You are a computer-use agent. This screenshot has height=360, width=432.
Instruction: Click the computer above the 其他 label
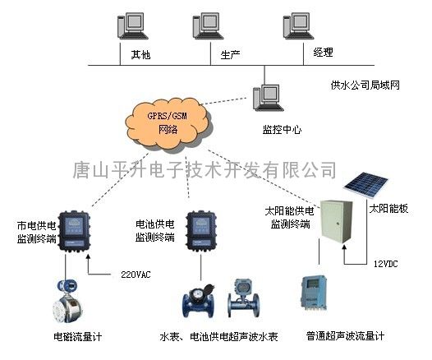(133, 26)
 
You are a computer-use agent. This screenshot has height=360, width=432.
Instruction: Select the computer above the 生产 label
(208, 26)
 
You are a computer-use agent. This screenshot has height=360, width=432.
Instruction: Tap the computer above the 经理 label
(298, 26)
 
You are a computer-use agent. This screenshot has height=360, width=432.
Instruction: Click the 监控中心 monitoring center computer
(269, 98)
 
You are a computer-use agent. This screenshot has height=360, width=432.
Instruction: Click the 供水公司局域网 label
(365, 85)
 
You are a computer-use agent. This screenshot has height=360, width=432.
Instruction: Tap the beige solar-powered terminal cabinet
(336, 222)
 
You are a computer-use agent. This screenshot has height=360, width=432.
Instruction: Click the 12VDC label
(386, 264)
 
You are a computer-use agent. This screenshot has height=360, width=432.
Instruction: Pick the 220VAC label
(136, 275)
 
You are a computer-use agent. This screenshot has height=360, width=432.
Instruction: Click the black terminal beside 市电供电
(74, 232)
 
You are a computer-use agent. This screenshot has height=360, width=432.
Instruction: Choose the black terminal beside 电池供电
(201, 232)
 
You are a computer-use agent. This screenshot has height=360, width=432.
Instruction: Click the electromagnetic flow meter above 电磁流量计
(67, 301)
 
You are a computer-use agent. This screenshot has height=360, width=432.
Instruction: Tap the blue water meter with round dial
(199, 302)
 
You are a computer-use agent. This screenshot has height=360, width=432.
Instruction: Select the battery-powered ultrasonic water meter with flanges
(244, 298)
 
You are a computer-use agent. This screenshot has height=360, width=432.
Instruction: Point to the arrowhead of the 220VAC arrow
(88, 256)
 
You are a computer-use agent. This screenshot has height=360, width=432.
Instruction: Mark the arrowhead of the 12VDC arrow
(344, 247)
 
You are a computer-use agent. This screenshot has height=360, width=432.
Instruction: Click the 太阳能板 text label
(388, 209)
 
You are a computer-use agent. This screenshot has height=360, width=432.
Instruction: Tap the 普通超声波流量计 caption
(346, 336)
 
